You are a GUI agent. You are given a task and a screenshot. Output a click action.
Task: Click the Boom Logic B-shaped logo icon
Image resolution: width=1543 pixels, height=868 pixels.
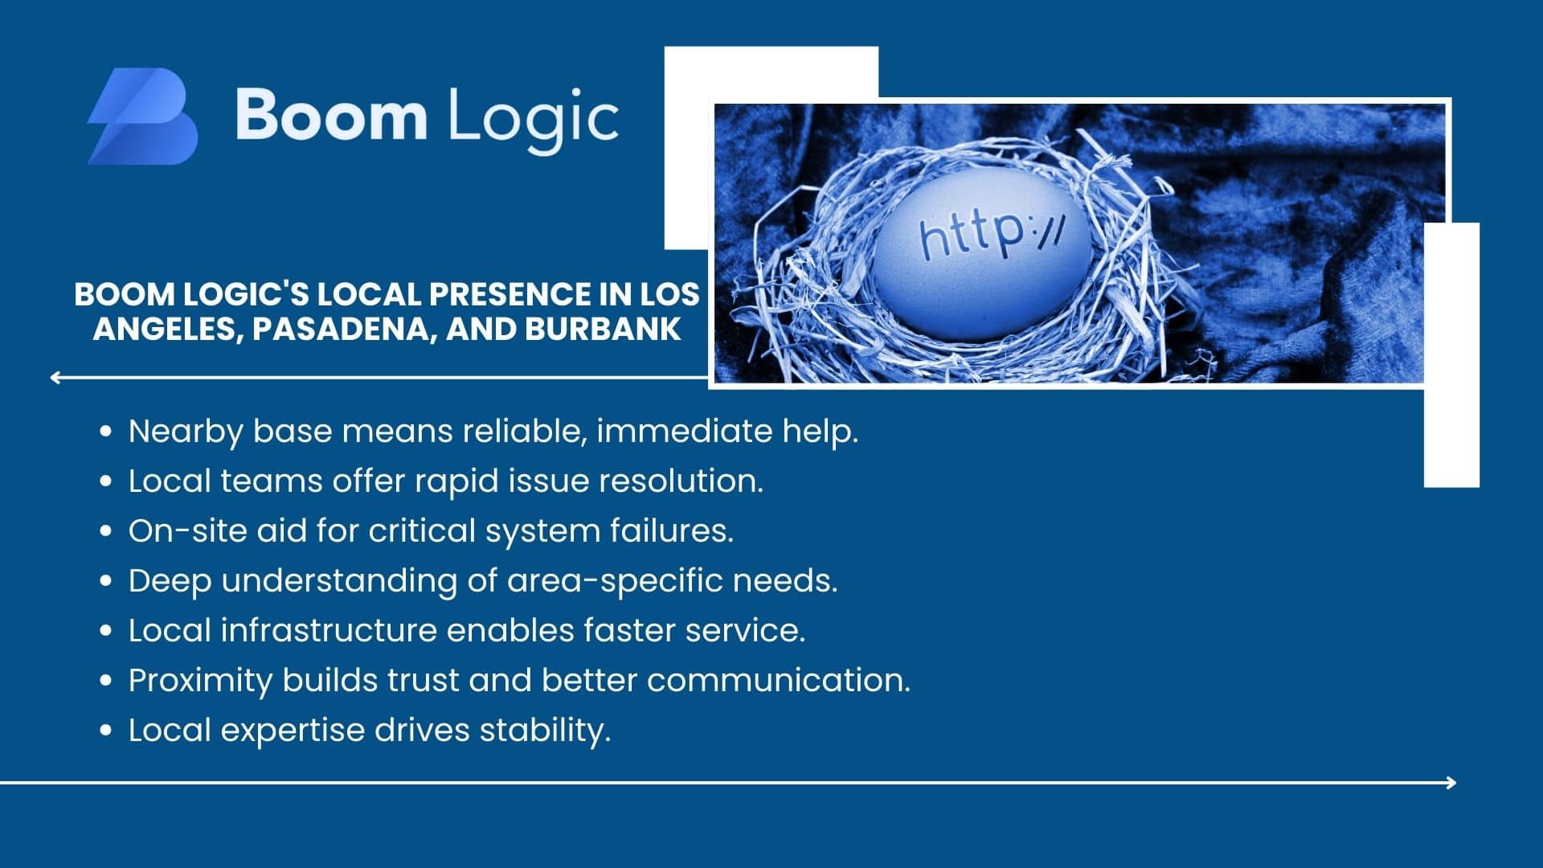142,117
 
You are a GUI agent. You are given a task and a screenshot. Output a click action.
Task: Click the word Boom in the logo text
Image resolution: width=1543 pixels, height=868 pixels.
330,115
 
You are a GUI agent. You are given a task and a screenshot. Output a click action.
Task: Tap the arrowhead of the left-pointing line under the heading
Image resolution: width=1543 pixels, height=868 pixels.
55,378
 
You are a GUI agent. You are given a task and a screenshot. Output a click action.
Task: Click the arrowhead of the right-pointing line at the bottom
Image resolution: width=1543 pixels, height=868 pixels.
1451,782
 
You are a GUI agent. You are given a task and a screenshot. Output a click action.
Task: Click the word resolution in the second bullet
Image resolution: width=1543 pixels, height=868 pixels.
681,481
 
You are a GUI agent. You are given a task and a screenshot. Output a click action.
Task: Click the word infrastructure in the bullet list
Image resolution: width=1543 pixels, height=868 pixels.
329,630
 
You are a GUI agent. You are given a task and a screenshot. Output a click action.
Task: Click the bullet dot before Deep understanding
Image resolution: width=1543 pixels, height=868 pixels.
106,580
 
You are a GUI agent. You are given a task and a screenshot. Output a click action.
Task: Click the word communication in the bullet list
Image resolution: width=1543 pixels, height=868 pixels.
779,681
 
